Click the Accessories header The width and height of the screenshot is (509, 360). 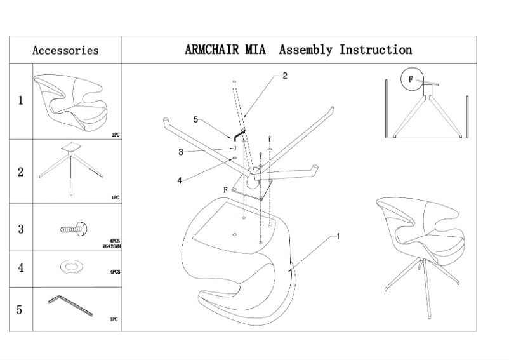coord(65,50)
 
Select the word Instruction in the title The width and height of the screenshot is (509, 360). coord(376,50)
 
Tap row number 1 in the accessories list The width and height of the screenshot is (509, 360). coord(20,100)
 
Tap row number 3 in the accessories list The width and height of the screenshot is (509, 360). coord(20,229)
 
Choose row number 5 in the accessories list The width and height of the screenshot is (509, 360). coord(20,310)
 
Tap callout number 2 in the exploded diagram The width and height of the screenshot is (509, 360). coord(285,76)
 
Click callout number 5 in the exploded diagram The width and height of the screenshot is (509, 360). coord(196,119)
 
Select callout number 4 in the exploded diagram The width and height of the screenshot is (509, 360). coord(180,180)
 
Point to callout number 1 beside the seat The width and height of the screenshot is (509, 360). coord(338,236)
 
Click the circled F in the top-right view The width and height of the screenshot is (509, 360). coord(411,79)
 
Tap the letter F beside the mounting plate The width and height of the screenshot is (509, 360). coord(225,189)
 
